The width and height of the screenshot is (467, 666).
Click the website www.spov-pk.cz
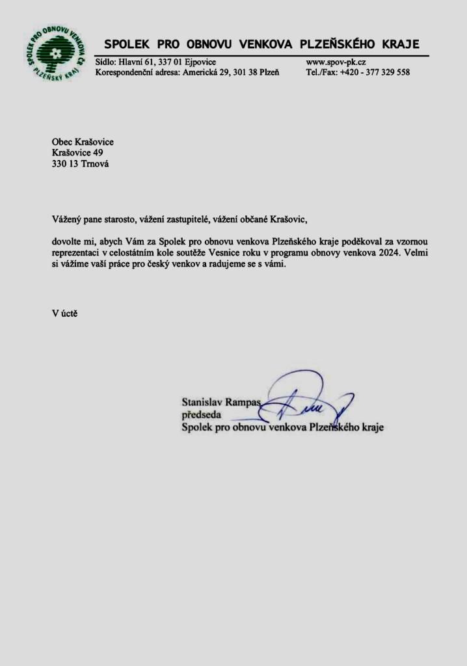[336, 62]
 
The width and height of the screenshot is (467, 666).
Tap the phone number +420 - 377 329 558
[375, 72]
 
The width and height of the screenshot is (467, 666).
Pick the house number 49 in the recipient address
[99, 153]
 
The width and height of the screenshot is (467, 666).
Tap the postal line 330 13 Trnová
[80, 165]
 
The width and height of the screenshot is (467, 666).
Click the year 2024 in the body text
[383, 253]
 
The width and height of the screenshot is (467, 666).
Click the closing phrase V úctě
[65, 312]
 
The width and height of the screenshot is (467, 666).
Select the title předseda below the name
[202, 414]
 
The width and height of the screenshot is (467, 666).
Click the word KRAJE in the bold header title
[395, 45]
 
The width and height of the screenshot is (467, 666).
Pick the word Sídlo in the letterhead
[105, 62]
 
